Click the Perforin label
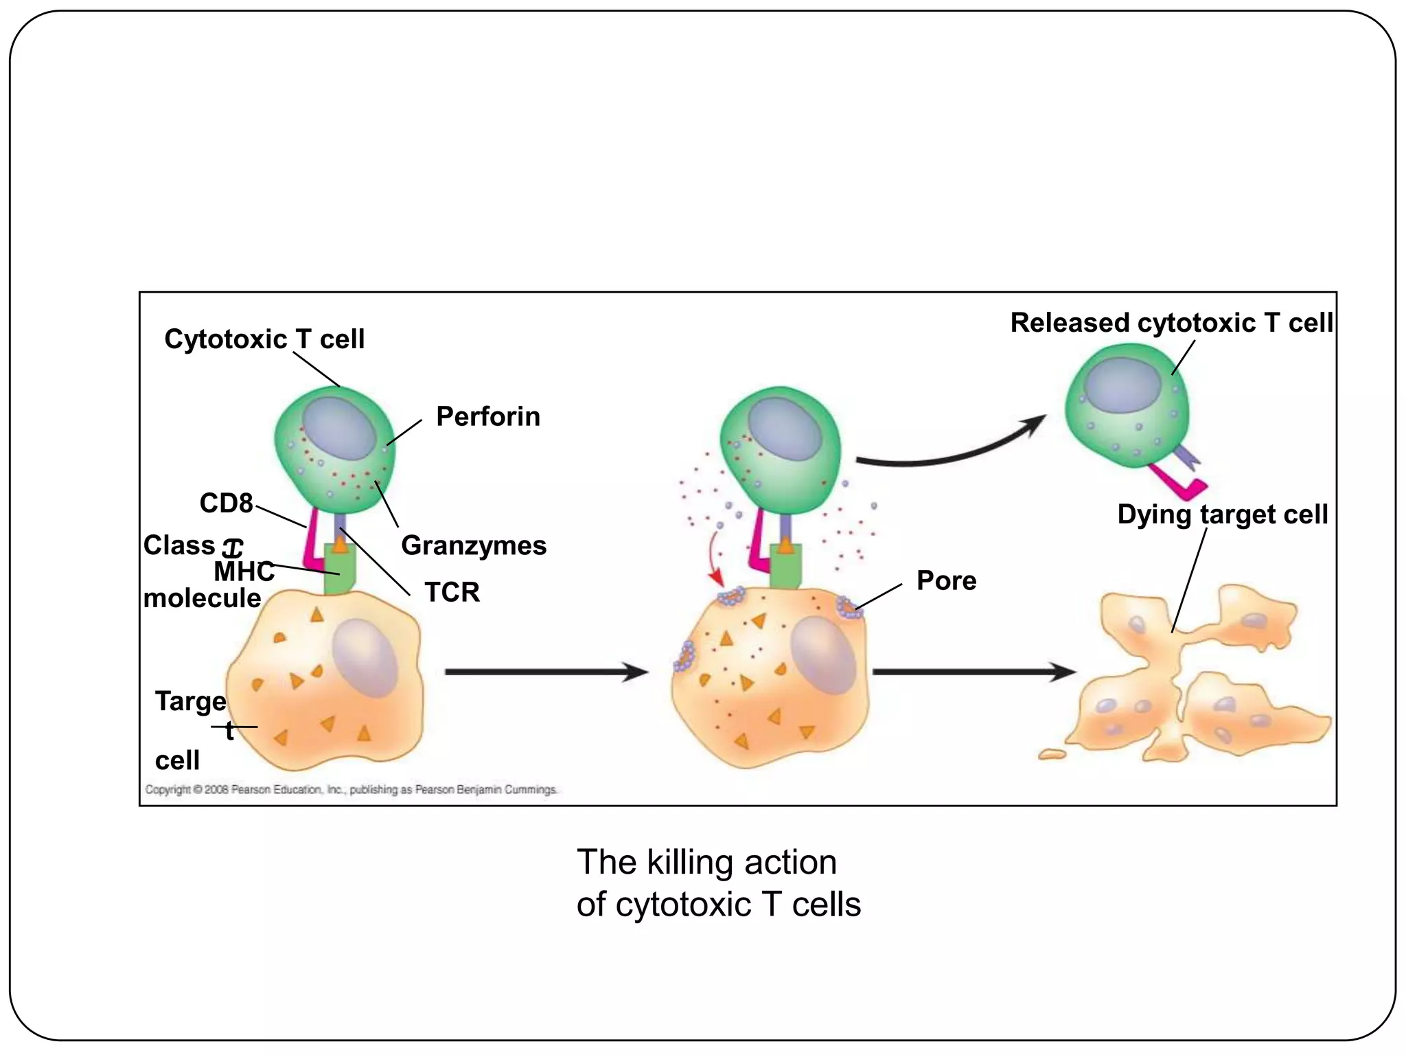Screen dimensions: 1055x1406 [x=487, y=417]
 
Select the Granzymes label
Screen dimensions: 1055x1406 [x=474, y=546]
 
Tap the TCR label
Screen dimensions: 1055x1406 [x=452, y=592]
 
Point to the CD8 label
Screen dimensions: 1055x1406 [x=226, y=503]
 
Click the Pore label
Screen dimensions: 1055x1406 [x=946, y=581]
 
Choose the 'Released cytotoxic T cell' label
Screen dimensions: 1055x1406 [x=1171, y=323]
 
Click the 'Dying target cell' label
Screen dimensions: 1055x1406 [x=1222, y=514]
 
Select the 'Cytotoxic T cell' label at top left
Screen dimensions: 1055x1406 [x=264, y=339]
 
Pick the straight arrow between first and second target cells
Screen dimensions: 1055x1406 [x=546, y=672]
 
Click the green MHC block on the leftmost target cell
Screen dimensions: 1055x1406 [x=340, y=571]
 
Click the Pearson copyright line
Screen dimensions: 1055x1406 [x=351, y=790]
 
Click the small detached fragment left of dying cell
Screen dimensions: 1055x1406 [x=1051, y=755]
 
